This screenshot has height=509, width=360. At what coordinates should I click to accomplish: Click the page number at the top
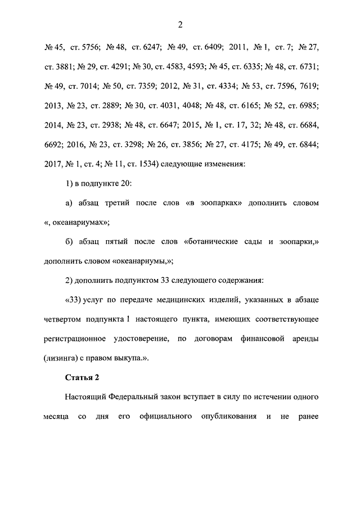click(x=180, y=24)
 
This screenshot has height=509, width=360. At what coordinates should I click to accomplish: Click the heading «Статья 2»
click(x=82, y=377)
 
